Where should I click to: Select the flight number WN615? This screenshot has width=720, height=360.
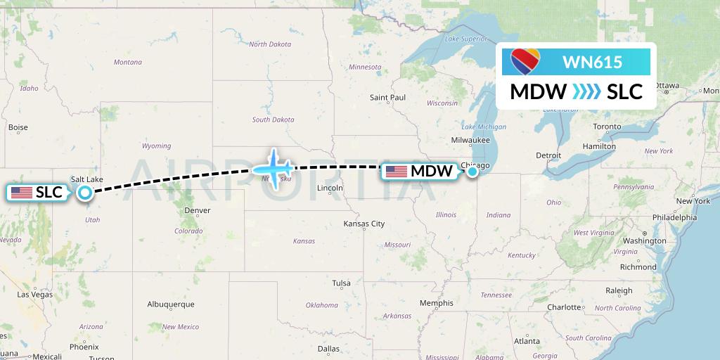pos(592,62)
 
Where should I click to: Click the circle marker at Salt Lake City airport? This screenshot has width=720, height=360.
pos(85,192)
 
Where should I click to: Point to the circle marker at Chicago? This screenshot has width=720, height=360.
pos(472,171)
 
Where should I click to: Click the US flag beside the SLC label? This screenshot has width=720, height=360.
pos(22,192)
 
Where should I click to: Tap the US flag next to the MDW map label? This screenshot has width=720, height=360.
pos(397,171)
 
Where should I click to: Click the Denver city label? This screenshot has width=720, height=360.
pos(197,210)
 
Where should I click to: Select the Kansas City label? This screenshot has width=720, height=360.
pos(364,224)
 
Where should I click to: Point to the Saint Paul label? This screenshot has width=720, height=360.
pos(388,97)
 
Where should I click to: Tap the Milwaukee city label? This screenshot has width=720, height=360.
pos(471,139)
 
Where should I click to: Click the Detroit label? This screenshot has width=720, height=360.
pos(548,155)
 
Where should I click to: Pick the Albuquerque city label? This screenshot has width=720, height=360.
pos(170,304)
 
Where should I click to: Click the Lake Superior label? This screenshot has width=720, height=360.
pos(466,39)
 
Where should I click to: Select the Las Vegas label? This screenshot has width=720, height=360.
pos(34,295)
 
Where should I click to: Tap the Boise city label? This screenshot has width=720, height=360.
pos(18,127)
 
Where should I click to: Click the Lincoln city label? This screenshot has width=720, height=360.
pos(330,188)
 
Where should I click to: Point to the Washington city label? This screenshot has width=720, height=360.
pos(644,240)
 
